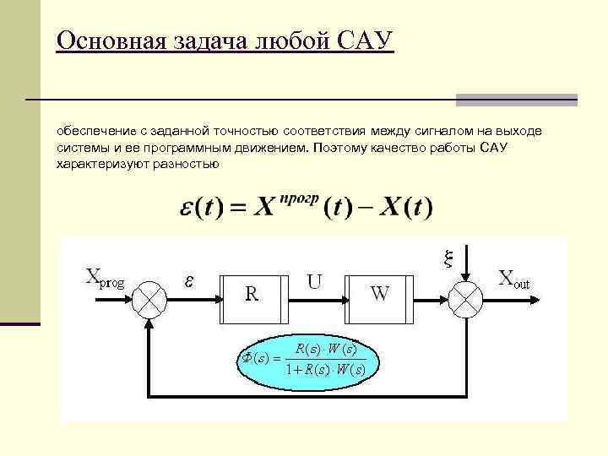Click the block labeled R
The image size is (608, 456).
tap(252, 297)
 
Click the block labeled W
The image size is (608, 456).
tap(380, 297)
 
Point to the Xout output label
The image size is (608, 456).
tap(514, 279)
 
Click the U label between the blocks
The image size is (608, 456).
tap(314, 281)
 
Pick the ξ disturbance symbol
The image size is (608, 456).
tap(449, 258)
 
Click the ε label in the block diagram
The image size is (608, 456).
tap(189, 281)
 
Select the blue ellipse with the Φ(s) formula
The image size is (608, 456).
tap(306, 358)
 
